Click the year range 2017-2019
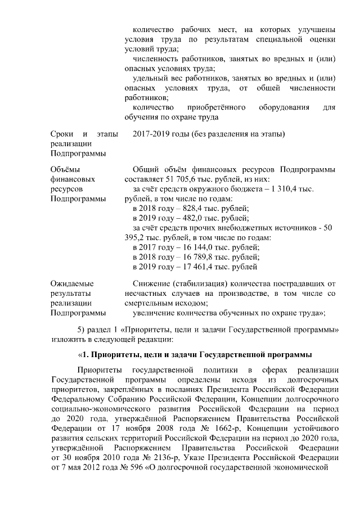point(152,134)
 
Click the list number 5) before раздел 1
point(80,329)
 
